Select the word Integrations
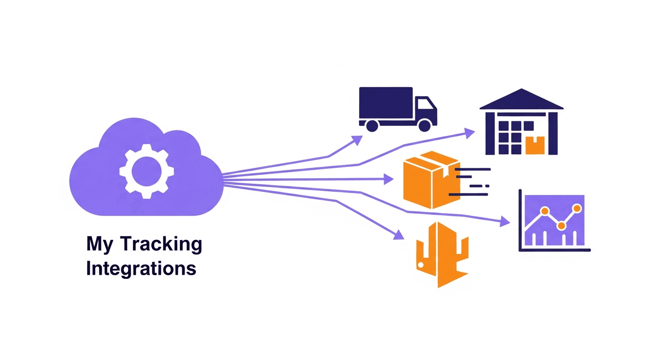(141, 269)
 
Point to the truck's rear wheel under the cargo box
(372, 125)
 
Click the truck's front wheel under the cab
(424, 125)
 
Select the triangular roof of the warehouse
(521, 99)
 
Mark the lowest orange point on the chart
(562, 226)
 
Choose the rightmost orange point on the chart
(577, 208)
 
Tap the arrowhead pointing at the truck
(357, 140)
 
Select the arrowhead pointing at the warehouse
(469, 133)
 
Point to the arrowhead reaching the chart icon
(505, 222)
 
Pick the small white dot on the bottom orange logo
(421, 265)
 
